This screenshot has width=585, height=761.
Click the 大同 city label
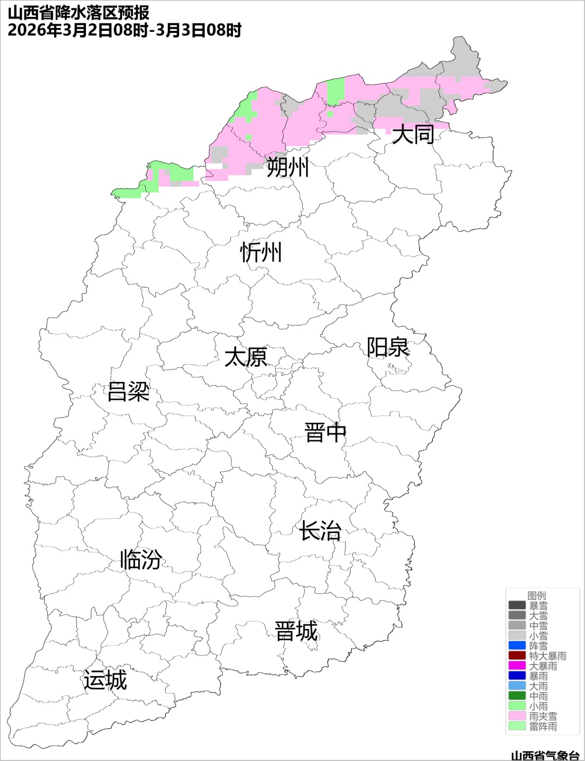pyautogui.click(x=413, y=134)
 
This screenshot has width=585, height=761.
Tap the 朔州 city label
pyautogui.click(x=287, y=167)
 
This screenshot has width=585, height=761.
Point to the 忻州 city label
pyautogui.click(x=261, y=252)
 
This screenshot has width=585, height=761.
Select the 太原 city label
pyautogui.click(x=246, y=357)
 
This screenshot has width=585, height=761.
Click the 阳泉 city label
pyautogui.click(x=388, y=347)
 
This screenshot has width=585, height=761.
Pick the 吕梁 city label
pyautogui.click(x=128, y=391)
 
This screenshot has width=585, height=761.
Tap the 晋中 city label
pyautogui.click(x=325, y=433)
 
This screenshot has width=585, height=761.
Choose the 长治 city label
pyautogui.click(x=320, y=531)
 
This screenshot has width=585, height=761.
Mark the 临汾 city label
pyautogui.click(x=141, y=559)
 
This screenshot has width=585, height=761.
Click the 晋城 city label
pyautogui.click(x=296, y=632)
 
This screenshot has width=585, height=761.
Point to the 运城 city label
pyautogui.click(x=105, y=680)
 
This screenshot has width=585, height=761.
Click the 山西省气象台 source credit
pyautogui.click(x=545, y=756)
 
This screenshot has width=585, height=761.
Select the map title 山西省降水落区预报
pyautogui.click(x=79, y=12)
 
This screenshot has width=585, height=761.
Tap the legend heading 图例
pyautogui.click(x=537, y=596)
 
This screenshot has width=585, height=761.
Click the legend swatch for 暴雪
pyautogui.click(x=517, y=606)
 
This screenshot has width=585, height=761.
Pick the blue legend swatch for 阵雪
pyautogui.click(x=517, y=646)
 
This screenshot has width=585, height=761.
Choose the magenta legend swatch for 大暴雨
pyautogui.click(x=517, y=666)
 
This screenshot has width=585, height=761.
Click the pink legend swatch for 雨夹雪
pyautogui.click(x=517, y=716)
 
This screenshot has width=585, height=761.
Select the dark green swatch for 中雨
pyautogui.click(x=517, y=696)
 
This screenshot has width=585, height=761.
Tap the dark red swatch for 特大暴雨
pyautogui.click(x=517, y=656)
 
